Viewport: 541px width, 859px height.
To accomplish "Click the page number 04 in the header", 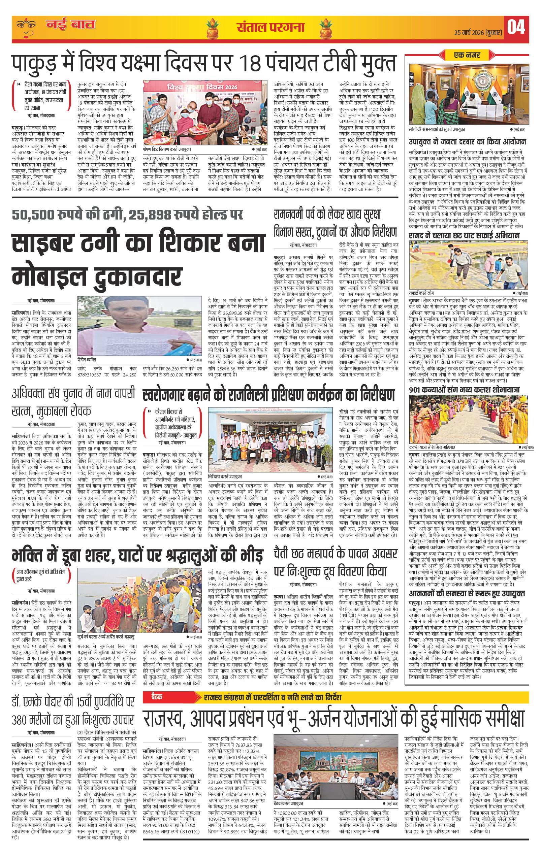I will coord(516,27).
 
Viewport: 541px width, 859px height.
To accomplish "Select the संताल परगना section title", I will coord(270,27).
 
